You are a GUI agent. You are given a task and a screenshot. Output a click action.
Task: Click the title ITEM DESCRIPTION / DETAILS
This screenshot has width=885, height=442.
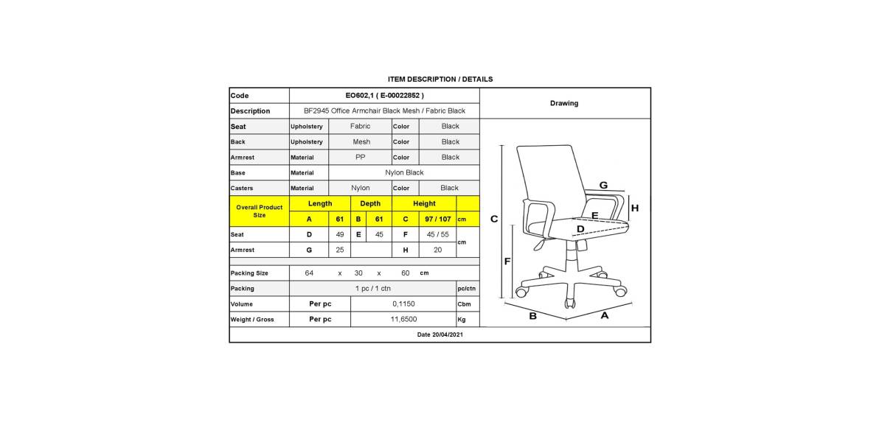coord(440,79)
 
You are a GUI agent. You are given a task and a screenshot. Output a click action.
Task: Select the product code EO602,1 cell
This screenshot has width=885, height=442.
coord(384,96)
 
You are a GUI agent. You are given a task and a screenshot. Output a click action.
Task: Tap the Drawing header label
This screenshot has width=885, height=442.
coord(564,103)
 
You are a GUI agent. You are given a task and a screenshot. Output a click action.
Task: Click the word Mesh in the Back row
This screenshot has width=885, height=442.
coord(361,141)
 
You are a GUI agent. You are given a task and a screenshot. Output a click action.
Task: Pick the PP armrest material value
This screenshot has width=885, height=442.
coord(361,157)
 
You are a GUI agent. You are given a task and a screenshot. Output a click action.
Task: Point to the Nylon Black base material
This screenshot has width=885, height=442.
coord(404,172)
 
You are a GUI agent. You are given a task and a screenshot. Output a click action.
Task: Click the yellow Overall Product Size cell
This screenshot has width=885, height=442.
coord(260,211)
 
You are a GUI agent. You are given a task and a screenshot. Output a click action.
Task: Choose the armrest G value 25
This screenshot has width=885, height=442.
coord(340,250)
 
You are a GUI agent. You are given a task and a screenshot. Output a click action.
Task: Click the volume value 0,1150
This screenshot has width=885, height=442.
coord(403,304)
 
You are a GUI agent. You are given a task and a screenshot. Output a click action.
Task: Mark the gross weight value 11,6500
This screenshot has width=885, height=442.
coord(403,319)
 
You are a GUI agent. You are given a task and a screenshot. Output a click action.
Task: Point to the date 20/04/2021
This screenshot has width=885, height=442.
coord(440,334)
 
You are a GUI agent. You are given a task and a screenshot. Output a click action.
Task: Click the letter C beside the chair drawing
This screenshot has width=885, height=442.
coord(494,219)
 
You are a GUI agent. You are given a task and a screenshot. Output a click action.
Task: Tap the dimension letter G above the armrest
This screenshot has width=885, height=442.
coord(603,185)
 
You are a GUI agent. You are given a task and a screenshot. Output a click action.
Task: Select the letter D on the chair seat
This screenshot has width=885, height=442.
coord(580,229)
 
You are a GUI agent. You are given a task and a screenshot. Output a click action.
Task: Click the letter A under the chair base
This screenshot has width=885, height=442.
coord(605,315)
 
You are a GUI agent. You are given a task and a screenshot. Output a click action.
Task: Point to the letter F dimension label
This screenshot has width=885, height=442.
coord(507,262)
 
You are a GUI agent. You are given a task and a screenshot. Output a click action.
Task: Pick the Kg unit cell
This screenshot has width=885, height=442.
coord(462,320)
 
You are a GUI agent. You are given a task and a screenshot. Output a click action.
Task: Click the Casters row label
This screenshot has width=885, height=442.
coord(242,188)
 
